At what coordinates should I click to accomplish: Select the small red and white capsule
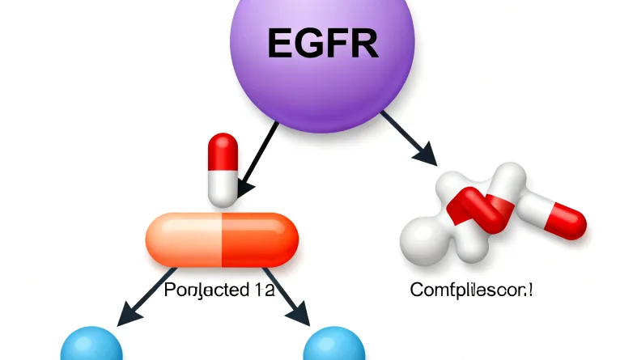pos(223,169)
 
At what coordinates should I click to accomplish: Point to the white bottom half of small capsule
pos(223,186)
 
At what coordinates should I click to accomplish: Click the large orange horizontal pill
pos(221,239)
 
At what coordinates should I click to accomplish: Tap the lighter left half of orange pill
pos(183,239)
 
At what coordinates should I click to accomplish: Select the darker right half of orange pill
pos(259,239)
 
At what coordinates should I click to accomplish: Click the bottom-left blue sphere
pos(91,345)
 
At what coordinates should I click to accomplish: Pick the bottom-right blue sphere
pos(334,345)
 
